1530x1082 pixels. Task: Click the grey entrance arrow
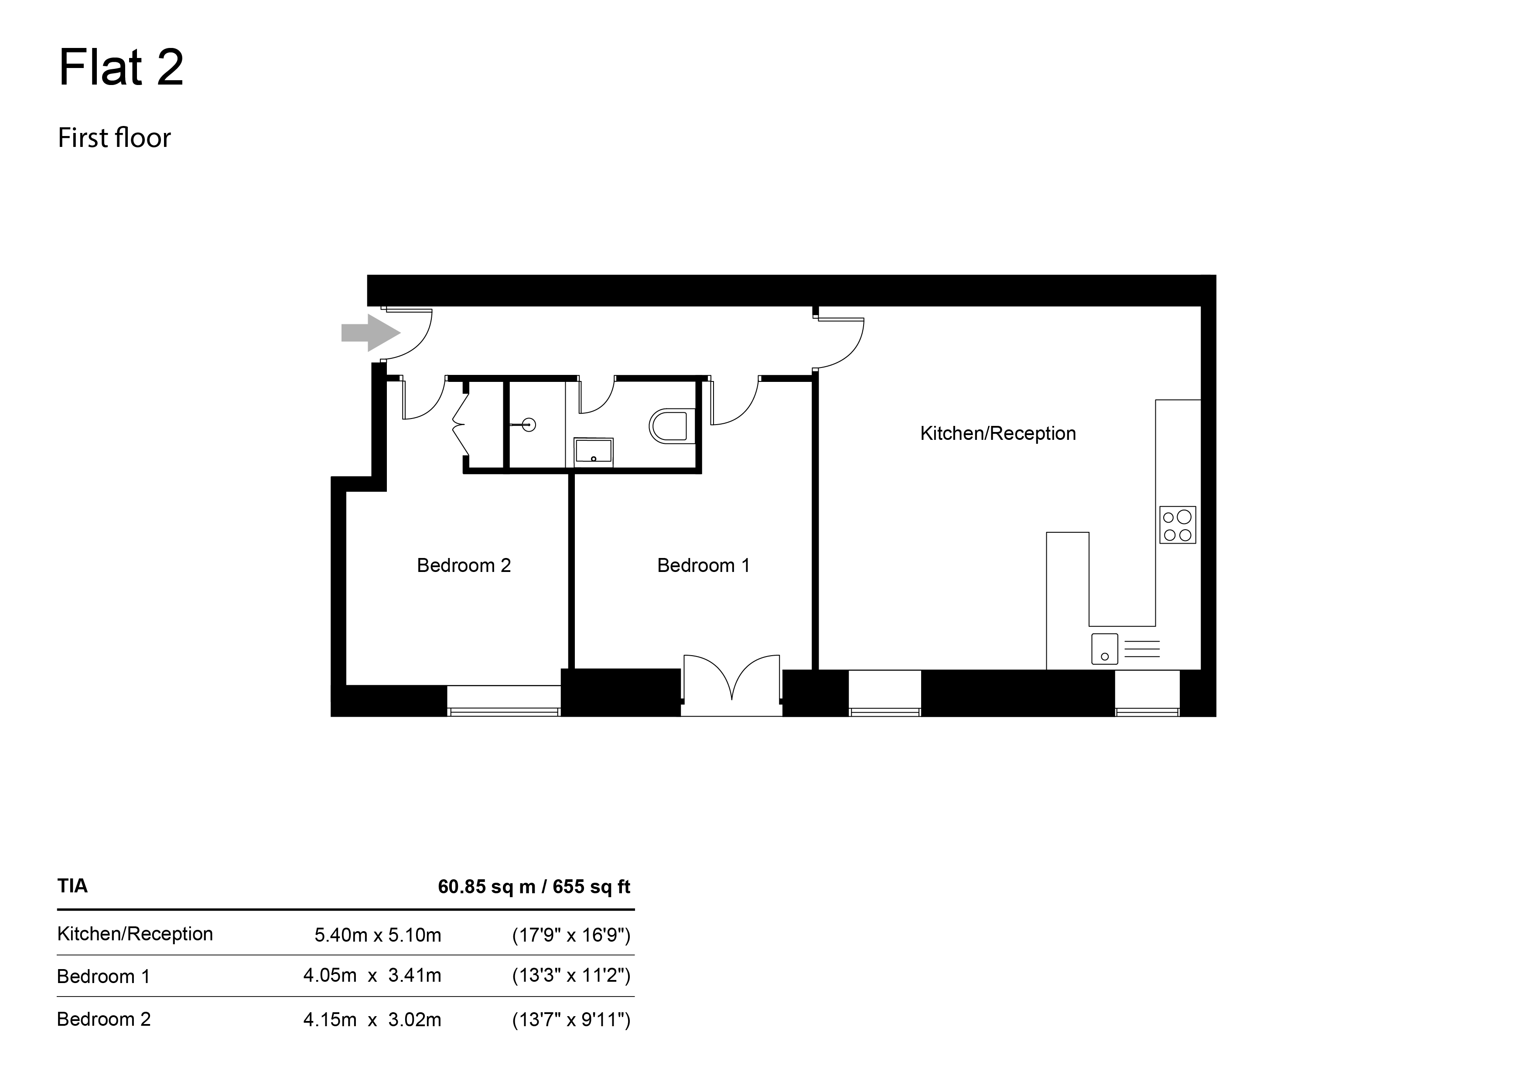click(x=370, y=333)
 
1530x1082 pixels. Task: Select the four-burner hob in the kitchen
click(x=1178, y=525)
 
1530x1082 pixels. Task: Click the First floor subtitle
click(x=115, y=138)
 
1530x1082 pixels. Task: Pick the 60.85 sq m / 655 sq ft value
click(x=534, y=887)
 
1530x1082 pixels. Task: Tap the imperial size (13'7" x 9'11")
click(x=571, y=1019)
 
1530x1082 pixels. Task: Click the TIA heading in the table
click(x=73, y=886)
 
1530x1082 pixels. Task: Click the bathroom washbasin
click(x=593, y=450)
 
